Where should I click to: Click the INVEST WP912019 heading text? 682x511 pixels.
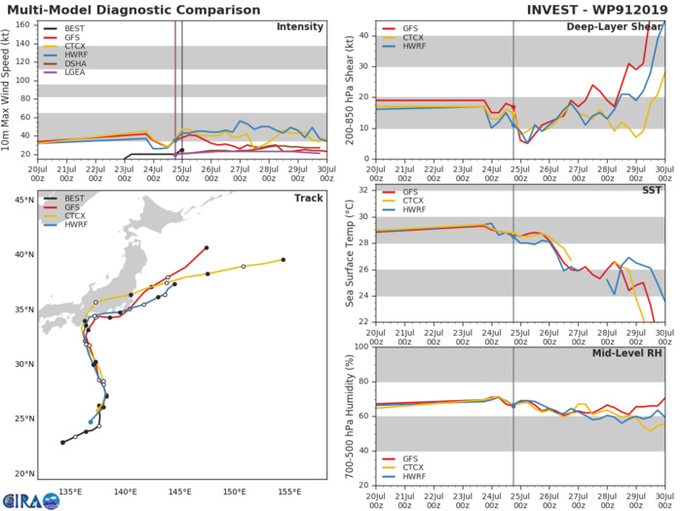coord(595,9)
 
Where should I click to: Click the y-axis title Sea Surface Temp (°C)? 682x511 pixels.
coord(348,255)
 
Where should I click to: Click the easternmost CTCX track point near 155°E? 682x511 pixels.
coord(283,260)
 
